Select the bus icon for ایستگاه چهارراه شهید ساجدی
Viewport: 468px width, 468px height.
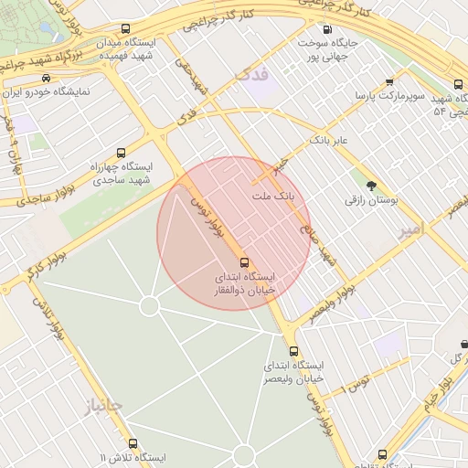tap(122, 153)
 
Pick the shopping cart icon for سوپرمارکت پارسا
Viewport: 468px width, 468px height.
tap(391, 81)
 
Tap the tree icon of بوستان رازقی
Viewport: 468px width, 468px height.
tap(370, 186)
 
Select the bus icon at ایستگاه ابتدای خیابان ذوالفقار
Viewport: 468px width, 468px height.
tap(243, 263)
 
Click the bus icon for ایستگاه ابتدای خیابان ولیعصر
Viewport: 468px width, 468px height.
tap(293, 351)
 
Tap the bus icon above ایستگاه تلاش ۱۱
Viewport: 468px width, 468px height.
tap(133, 443)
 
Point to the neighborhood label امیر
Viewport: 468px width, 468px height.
tap(413, 232)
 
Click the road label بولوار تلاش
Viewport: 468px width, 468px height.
tap(48, 319)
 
